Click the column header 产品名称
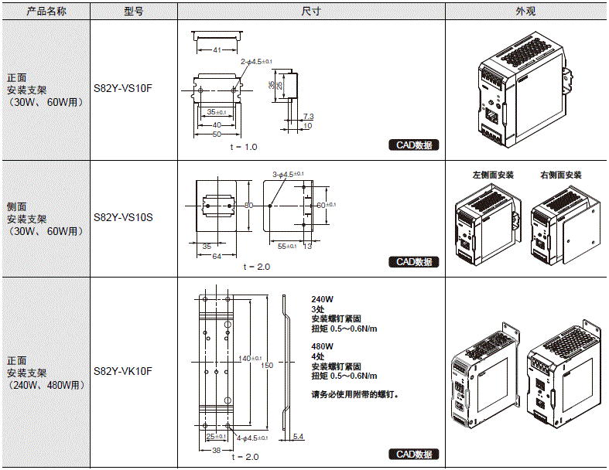46,12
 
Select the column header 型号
133,12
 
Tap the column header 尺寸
311,12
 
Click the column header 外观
526,12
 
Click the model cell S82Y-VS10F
123,88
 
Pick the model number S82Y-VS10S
123,218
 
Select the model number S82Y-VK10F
123,371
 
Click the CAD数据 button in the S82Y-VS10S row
414,262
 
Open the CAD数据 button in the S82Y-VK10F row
414,455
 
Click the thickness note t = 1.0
243,146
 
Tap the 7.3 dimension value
308,116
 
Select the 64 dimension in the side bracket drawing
217,256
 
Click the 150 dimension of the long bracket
268,365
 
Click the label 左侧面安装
493,175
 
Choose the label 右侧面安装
561,175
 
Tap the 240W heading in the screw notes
323,299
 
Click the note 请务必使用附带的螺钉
355,395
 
